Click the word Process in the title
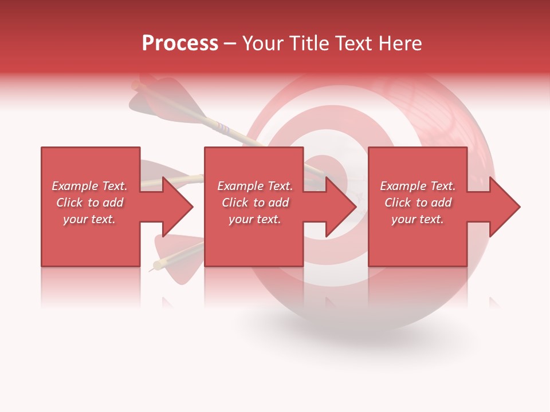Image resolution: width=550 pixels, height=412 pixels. [180, 43]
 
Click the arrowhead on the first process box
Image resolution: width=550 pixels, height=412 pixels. [175, 207]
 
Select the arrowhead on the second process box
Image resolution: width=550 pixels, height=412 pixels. [339, 207]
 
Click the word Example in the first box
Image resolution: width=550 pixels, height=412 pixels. [74, 186]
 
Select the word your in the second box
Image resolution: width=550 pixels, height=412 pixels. [241, 219]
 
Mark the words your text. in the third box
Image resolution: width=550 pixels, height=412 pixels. [417, 219]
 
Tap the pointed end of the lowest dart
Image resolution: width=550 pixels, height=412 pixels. [151, 270]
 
